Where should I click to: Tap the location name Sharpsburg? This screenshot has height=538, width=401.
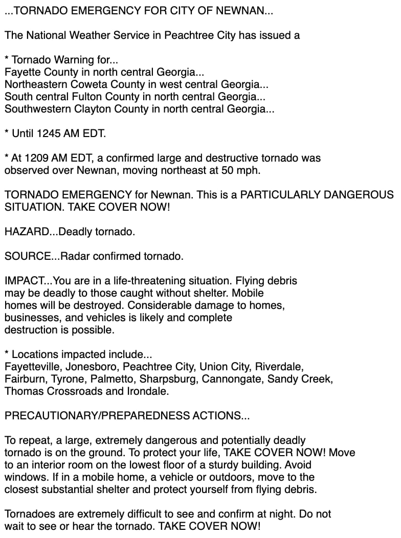[x=172, y=379]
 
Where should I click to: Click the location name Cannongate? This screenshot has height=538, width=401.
[x=230, y=379]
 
